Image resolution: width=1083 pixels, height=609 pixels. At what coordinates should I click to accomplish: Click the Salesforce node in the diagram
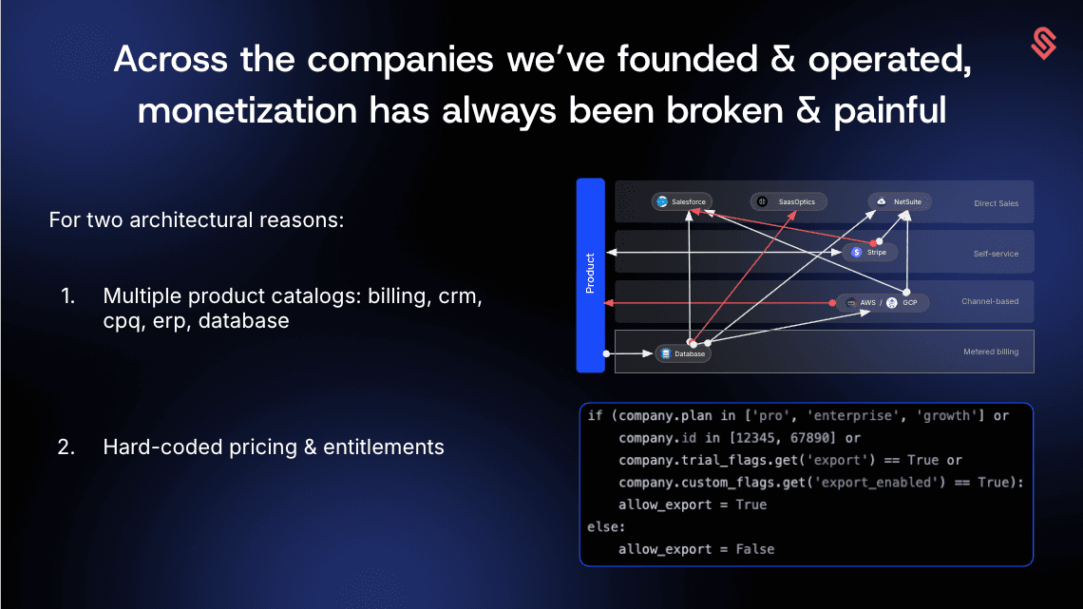[x=682, y=201]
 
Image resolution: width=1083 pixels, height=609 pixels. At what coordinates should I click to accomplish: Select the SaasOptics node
[x=788, y=201]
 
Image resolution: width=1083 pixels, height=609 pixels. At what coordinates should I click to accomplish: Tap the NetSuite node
[x=900, y=201]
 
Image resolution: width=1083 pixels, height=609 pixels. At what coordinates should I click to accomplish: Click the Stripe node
[x=869, y=252]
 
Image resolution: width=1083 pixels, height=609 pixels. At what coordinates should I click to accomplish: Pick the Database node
[x=682, y=353]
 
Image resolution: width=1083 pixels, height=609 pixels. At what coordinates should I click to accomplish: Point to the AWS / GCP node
[x=883, y=302]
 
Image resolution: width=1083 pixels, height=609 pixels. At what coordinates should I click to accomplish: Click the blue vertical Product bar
[x=591, y=276]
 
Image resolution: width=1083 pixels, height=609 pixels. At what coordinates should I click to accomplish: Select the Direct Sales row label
[x=996, y=203]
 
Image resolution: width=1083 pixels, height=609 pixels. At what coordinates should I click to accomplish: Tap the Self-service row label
[x=996, y=254]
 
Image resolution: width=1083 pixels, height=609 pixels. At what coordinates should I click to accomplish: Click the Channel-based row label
[x=990, y=302]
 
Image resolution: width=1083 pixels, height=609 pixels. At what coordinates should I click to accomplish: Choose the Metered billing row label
[x=991, y=352]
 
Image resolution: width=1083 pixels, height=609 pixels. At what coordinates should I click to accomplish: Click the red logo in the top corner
[x=1044, y=44]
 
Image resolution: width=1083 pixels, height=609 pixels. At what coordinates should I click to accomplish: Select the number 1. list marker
[x=67, y=296]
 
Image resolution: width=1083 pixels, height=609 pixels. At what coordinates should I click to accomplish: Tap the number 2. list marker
[x=66, y=447]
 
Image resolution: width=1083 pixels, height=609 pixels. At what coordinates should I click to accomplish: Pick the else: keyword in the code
[x=606, y=527]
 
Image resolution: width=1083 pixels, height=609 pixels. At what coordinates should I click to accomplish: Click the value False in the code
[x=755, y=549]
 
